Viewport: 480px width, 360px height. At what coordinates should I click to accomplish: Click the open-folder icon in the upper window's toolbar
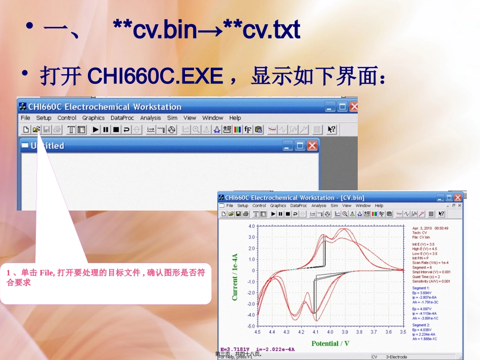tap(36, 130)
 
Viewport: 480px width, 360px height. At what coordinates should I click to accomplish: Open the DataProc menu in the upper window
tap(122, 118)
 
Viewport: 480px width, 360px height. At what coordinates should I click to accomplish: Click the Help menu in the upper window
tap(235, 118)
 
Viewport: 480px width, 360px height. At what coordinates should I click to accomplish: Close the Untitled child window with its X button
tap(312, 146)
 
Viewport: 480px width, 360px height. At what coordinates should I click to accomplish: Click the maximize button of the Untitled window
tap(300, 146)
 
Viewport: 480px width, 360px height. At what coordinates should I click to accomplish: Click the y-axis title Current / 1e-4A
tap(235, 277)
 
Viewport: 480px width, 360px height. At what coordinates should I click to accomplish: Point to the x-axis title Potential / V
tap(330, 344)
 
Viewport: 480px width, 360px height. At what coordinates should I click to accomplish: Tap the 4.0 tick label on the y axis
tap(252, 226)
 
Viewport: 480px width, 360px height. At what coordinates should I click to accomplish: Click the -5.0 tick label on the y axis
tap(251, 326)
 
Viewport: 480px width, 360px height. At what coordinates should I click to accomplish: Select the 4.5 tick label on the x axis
tap(258, 332)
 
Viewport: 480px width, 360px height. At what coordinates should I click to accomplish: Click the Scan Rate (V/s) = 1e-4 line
tap(430, 263)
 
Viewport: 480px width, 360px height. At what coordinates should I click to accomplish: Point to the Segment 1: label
tap(423, 288)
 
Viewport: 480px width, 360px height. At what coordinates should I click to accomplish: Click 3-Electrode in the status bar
tap(397, 357)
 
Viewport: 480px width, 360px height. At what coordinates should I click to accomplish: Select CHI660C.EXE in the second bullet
tap(156, 76)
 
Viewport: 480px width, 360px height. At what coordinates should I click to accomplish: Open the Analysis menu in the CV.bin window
tap(318, 206)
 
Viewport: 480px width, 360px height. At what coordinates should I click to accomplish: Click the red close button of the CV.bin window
tap(458, 197)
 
